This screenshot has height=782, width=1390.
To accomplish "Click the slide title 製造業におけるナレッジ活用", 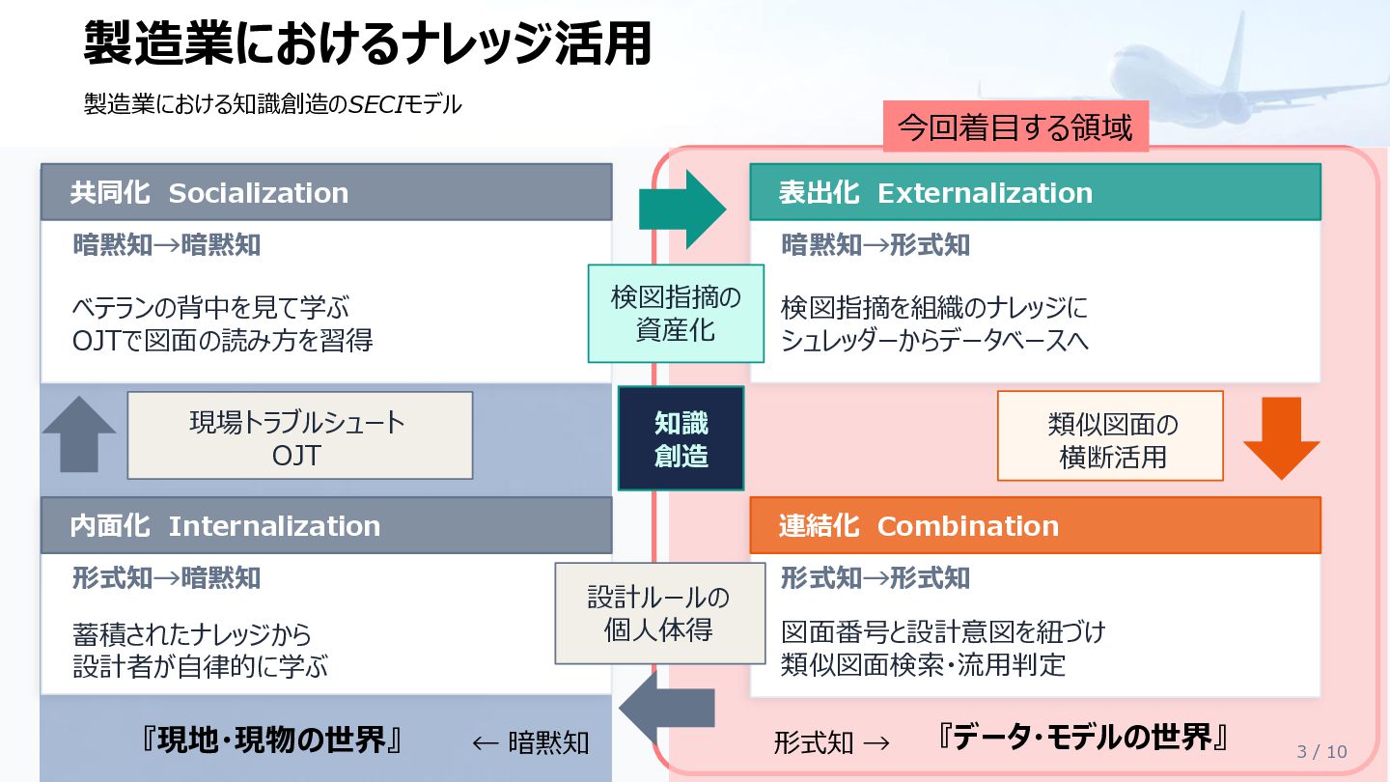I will pyautogui.click(x=367, y=44).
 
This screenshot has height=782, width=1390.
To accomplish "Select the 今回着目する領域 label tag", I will pyautogui.click(x=1015, y=127).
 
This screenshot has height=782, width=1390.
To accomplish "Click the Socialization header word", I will pyautogui.click(x=258, y=193).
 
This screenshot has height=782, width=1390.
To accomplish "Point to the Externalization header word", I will pyautogui.click(x=985, y=193).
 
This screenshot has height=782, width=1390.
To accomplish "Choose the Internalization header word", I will pyautogui.click(x=274, y=526).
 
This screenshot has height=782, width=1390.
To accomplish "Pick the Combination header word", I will pyautogui.click(x=967, y=526).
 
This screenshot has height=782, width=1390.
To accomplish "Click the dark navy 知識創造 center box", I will pyautogui.click(x=681, y=439).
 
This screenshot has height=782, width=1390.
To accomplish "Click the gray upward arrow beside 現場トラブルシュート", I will pyautogui.click(x=79, y=434).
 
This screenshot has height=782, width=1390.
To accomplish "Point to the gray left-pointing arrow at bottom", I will pyautogui.click(x=665, y=710).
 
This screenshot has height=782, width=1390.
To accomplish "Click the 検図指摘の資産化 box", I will pyautogui.click(x=676, y=314).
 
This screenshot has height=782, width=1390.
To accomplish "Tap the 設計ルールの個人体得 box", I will pyautogui.click(x=659, y=613).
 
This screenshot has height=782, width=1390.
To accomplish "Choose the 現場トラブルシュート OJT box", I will pyautogui.click(x=299, y=435).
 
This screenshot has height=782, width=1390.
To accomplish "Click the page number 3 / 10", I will pyautogui.click(x=1321, y=752).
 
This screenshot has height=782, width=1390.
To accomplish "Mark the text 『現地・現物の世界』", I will pyautogui.click(x=271, y=740).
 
